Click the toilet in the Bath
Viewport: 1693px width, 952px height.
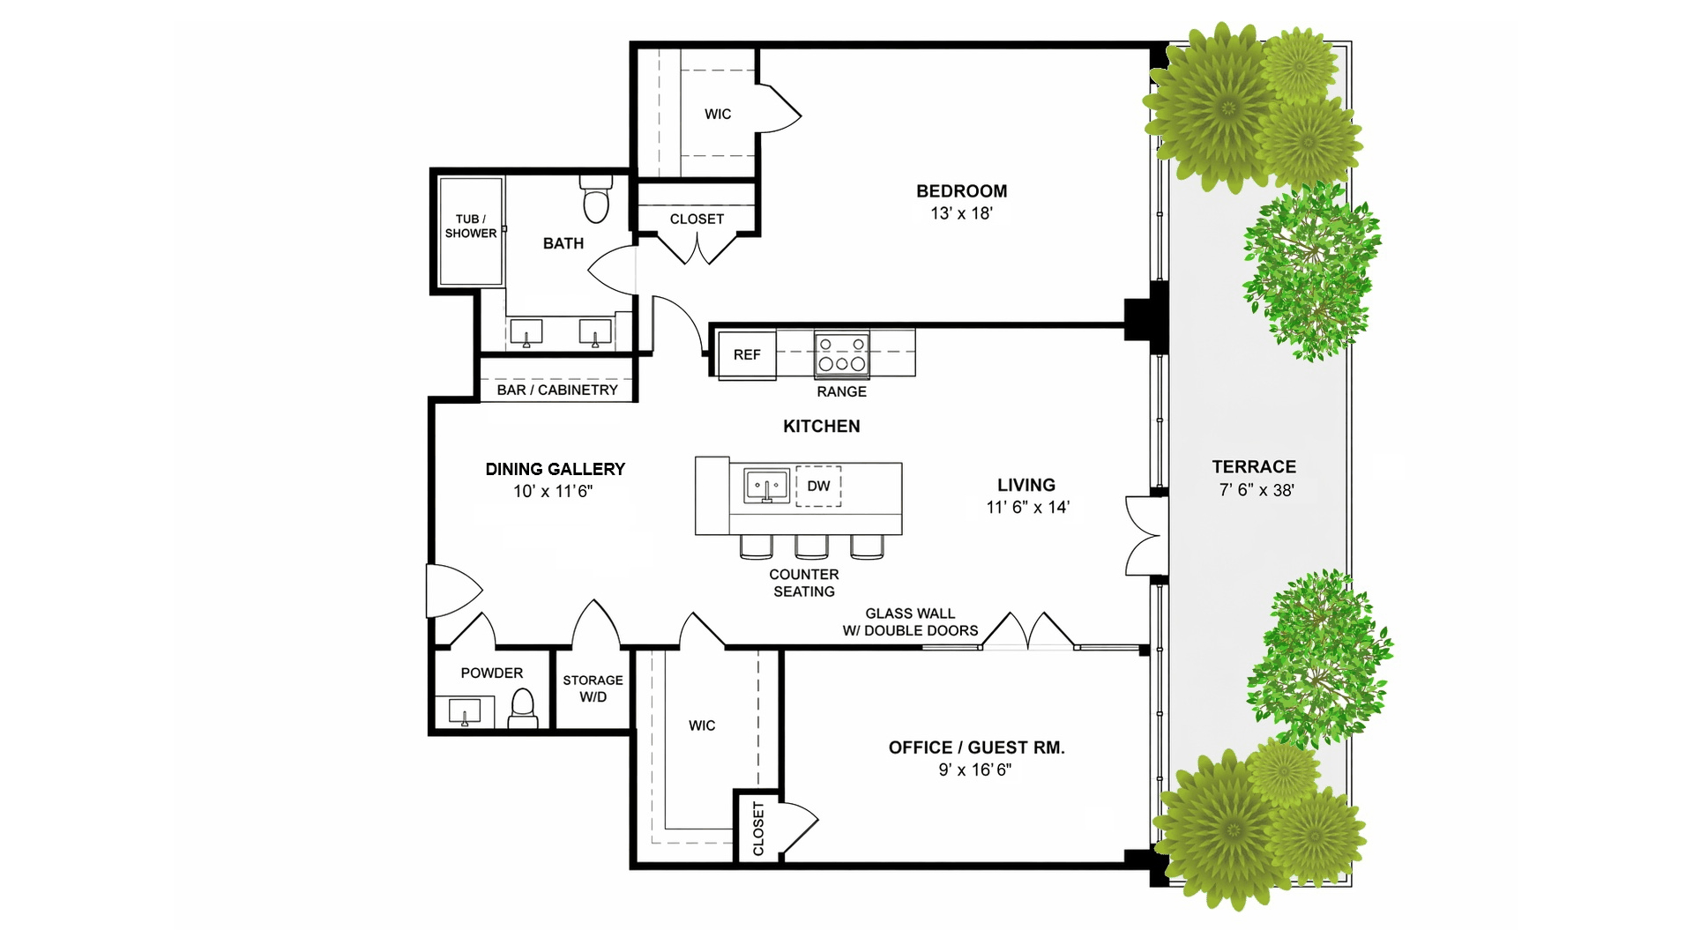point(596,199)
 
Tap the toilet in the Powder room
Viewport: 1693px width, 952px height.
point(524,709)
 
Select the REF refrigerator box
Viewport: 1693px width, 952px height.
point(747,354)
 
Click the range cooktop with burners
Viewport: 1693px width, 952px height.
point(841,354)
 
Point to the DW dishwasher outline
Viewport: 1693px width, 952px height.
point(818,486)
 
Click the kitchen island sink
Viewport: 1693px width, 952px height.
point(766,486)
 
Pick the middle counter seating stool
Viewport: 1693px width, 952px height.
point(811,547)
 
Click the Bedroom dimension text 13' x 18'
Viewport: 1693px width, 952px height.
point(961,213)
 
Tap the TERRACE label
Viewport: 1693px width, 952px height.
point(1254,467)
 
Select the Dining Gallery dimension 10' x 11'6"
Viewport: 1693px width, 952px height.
point(553,491)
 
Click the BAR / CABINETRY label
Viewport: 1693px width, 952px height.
point(557,390)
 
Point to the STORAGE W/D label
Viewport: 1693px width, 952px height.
point(593,688)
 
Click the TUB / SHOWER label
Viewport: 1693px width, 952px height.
point(471,226)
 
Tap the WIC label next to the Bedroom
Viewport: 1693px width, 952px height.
point(718,114)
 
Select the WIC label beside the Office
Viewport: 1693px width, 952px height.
point(702,725)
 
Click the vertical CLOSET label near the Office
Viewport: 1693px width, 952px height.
point(758,829)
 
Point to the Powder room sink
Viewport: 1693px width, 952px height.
point(465,711)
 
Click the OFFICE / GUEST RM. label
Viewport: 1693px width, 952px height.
point(977,747)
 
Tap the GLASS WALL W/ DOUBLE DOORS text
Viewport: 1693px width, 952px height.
point(910,621)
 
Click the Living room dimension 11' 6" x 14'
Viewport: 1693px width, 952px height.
point(1027,507)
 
